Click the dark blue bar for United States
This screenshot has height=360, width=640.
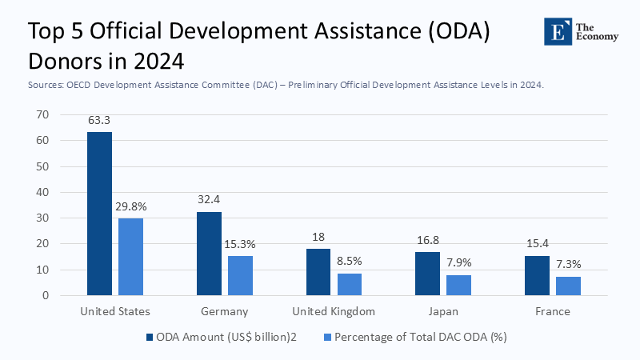point(100,214)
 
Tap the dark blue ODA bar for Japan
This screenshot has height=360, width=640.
point(428,274)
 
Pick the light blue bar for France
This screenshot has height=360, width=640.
point(568,286)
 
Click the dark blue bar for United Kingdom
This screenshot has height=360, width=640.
point(318,272)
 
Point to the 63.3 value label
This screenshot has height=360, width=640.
point(100,121)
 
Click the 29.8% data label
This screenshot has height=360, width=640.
point(130,206)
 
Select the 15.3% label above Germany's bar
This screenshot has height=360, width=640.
point(240,244)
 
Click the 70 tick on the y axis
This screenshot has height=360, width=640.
point(42,115)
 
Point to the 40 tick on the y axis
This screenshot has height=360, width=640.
point(42,192)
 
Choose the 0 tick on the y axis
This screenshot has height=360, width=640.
point(46,295)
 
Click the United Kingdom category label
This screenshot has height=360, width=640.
point(334,311)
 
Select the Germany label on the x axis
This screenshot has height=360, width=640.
point(225,311)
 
